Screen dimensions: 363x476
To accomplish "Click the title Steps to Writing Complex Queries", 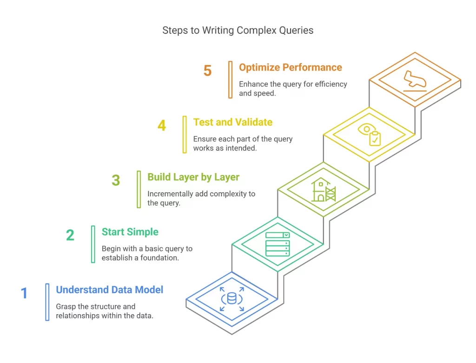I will pyautogui.click(x=238, y=31).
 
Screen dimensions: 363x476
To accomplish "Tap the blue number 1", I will pyautogui.click(x=24, y=293).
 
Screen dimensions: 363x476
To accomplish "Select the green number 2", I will pyautogui.click(x=70, y=235).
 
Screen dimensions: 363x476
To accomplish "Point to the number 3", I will pyautogui.click(x=116, y=180).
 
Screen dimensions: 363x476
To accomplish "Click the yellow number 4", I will pyautogui.click(x=161, y=125).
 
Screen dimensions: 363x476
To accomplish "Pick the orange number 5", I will pyautogui.click(x=207, y=71).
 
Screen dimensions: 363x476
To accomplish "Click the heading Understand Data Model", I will pyautogui.click(x=110, y=290).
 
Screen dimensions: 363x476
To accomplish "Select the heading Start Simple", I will pyautogui.click(x=130, y=232).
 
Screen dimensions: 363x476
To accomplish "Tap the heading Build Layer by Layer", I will pyautogui.click(x=193, y=177).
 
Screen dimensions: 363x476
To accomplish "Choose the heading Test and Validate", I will pyautogui.click(x=233, y=123).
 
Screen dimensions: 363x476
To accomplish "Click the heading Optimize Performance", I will pyautogui.click(x=291, y=67).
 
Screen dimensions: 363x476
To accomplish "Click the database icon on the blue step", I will pyautogui.click(x=231, y=298).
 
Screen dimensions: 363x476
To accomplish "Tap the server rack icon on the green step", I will pyautogui.click(x=278, y=244).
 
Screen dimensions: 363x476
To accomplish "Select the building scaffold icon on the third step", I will pyautogui.click(x=324, y=190).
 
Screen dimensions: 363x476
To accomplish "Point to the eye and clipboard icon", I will pyautogui.click(x=370, y=135).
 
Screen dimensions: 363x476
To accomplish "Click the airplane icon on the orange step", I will pyautogui.click(x=415, y=80).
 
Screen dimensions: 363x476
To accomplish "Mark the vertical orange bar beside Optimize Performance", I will pyautogui.click(x=230, y=80).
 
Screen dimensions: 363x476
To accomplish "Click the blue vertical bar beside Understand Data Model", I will pyautogui.click(x=47, y=302).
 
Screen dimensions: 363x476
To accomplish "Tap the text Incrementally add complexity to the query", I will pyautogui.click(x=201, y=198).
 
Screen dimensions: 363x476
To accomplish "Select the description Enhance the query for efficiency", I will pyautogui.click(x=293, y=88).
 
